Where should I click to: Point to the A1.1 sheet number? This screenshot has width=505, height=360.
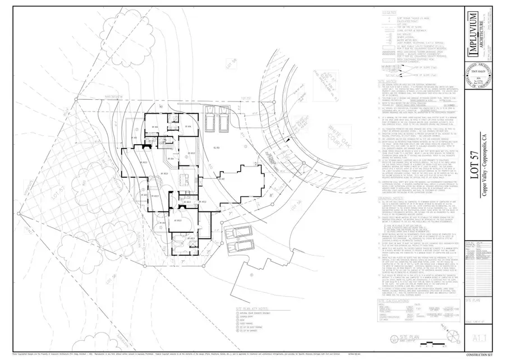click(478, 338)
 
